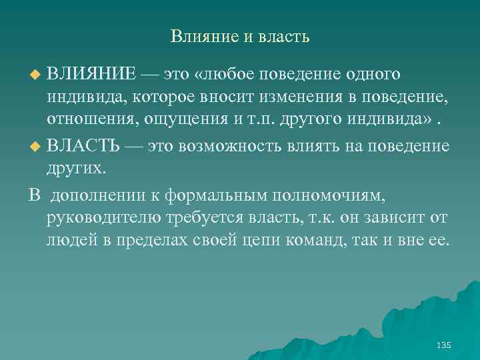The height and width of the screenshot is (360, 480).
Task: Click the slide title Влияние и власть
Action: point(240,35)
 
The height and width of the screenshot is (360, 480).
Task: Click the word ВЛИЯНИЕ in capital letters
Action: point(91,72)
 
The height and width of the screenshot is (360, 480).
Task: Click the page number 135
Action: point(443,345)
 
